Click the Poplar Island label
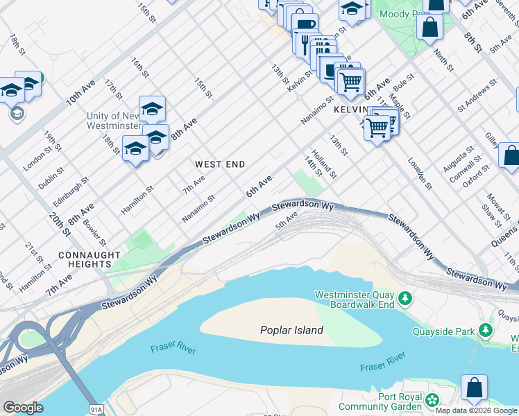tap(291, 330)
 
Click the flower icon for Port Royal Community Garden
tap(433, 400)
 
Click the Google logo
tap(23, 407)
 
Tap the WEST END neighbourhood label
tap(220, 164)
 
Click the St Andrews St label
tap(477, 96)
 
